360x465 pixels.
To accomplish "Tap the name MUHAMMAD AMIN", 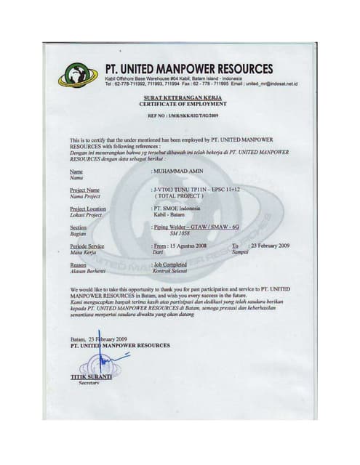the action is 177,170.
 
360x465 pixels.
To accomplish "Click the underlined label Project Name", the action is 85,190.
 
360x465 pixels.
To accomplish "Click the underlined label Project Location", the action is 88,209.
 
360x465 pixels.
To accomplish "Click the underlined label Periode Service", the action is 87,247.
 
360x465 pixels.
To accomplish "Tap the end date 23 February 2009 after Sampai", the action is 270,247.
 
